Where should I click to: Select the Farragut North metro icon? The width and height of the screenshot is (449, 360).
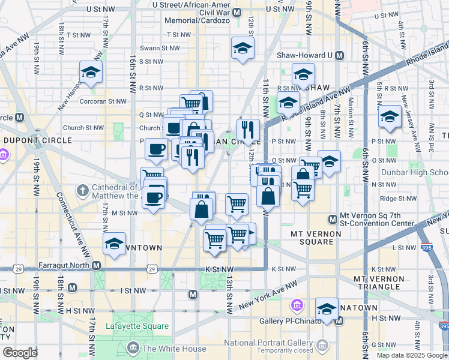[95, 265]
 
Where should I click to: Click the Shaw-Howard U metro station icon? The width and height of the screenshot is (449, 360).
[339, 55]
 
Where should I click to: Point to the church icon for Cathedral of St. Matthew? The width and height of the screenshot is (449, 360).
[83, 190]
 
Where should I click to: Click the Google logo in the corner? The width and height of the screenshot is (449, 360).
[20, 353]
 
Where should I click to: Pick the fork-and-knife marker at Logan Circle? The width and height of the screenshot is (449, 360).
[247, 129]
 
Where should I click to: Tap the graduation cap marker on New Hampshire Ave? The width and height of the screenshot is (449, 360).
[91, 73]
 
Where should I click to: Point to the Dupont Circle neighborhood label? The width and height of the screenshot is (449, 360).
[37, 140]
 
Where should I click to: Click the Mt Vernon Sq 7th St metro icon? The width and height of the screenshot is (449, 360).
[333, 219]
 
